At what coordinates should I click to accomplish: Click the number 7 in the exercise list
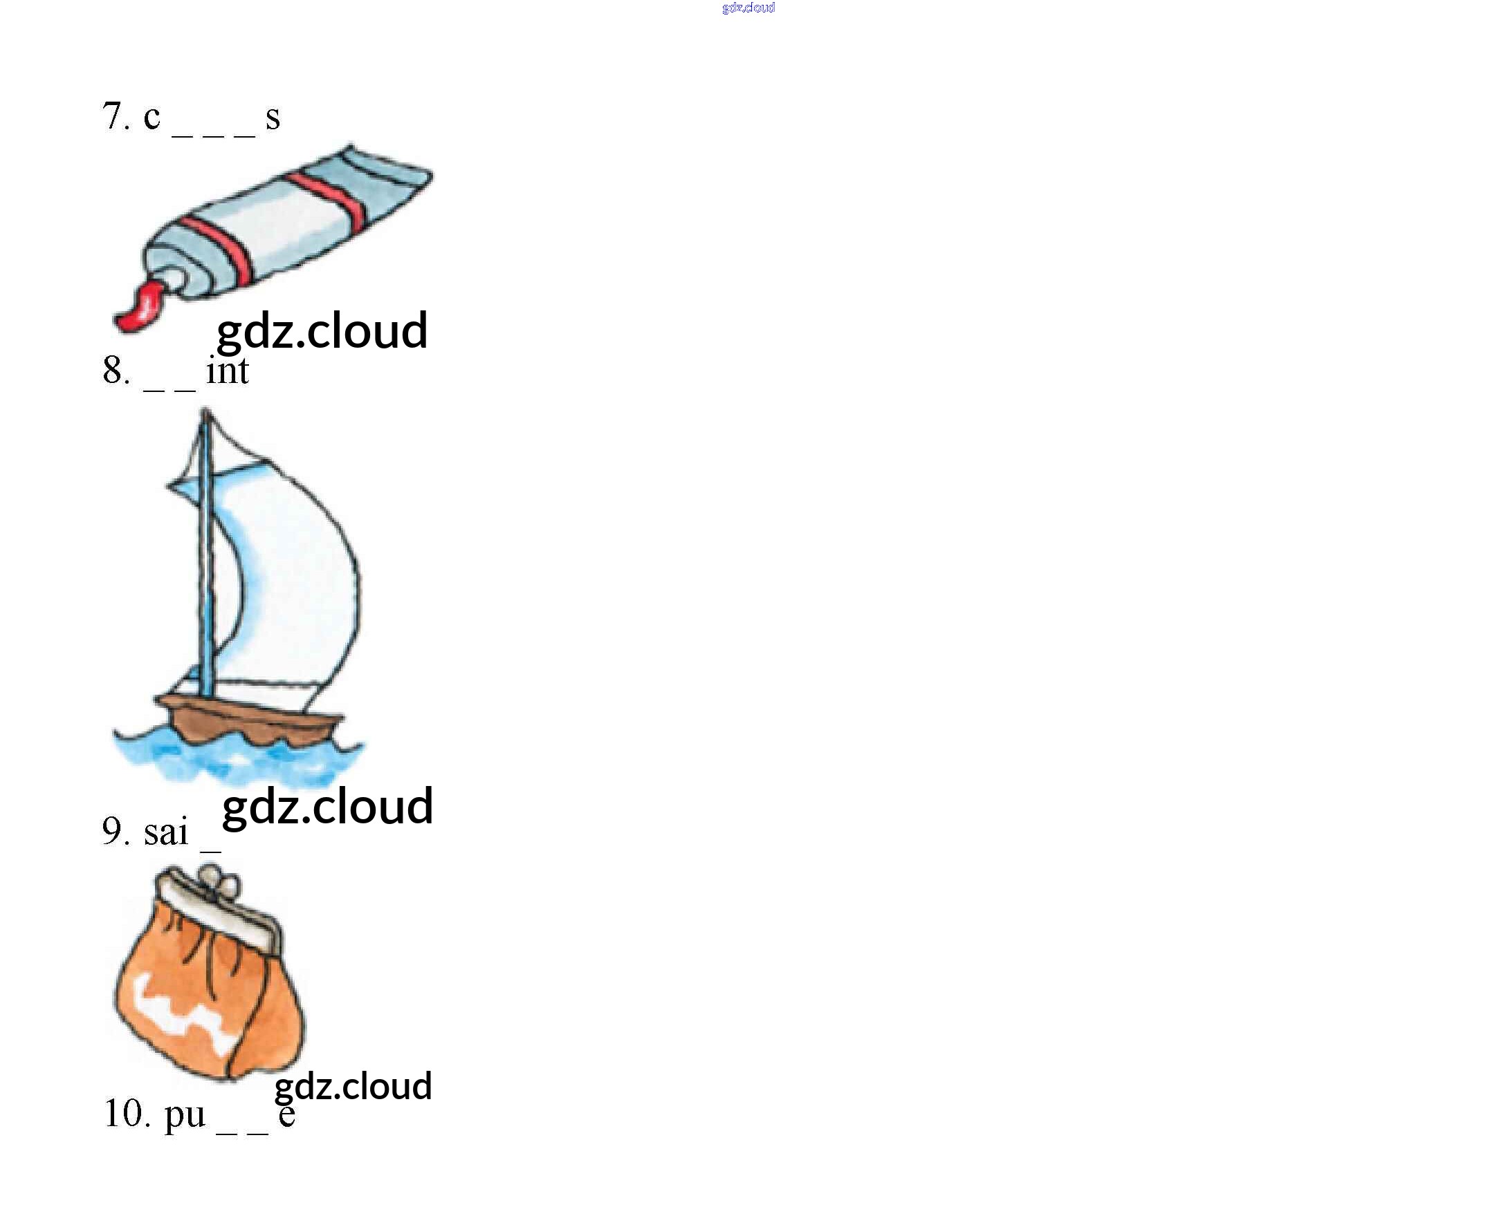coord(113,115)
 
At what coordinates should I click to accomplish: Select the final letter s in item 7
coord(273,118)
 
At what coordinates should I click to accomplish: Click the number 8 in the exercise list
coord(113,371)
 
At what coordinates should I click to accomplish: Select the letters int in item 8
coord(227,371)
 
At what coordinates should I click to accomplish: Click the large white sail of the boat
coord(295,574)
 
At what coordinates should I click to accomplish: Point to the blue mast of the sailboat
coord(206,561)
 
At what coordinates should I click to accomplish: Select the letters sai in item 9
coord(166,832)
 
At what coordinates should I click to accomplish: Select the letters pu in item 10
coord(184,1115)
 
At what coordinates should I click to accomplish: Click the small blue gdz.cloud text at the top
coord(748,8)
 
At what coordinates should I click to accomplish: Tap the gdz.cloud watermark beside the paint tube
coord(322,330)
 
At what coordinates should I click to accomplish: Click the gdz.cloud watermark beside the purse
coord(353,1087)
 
